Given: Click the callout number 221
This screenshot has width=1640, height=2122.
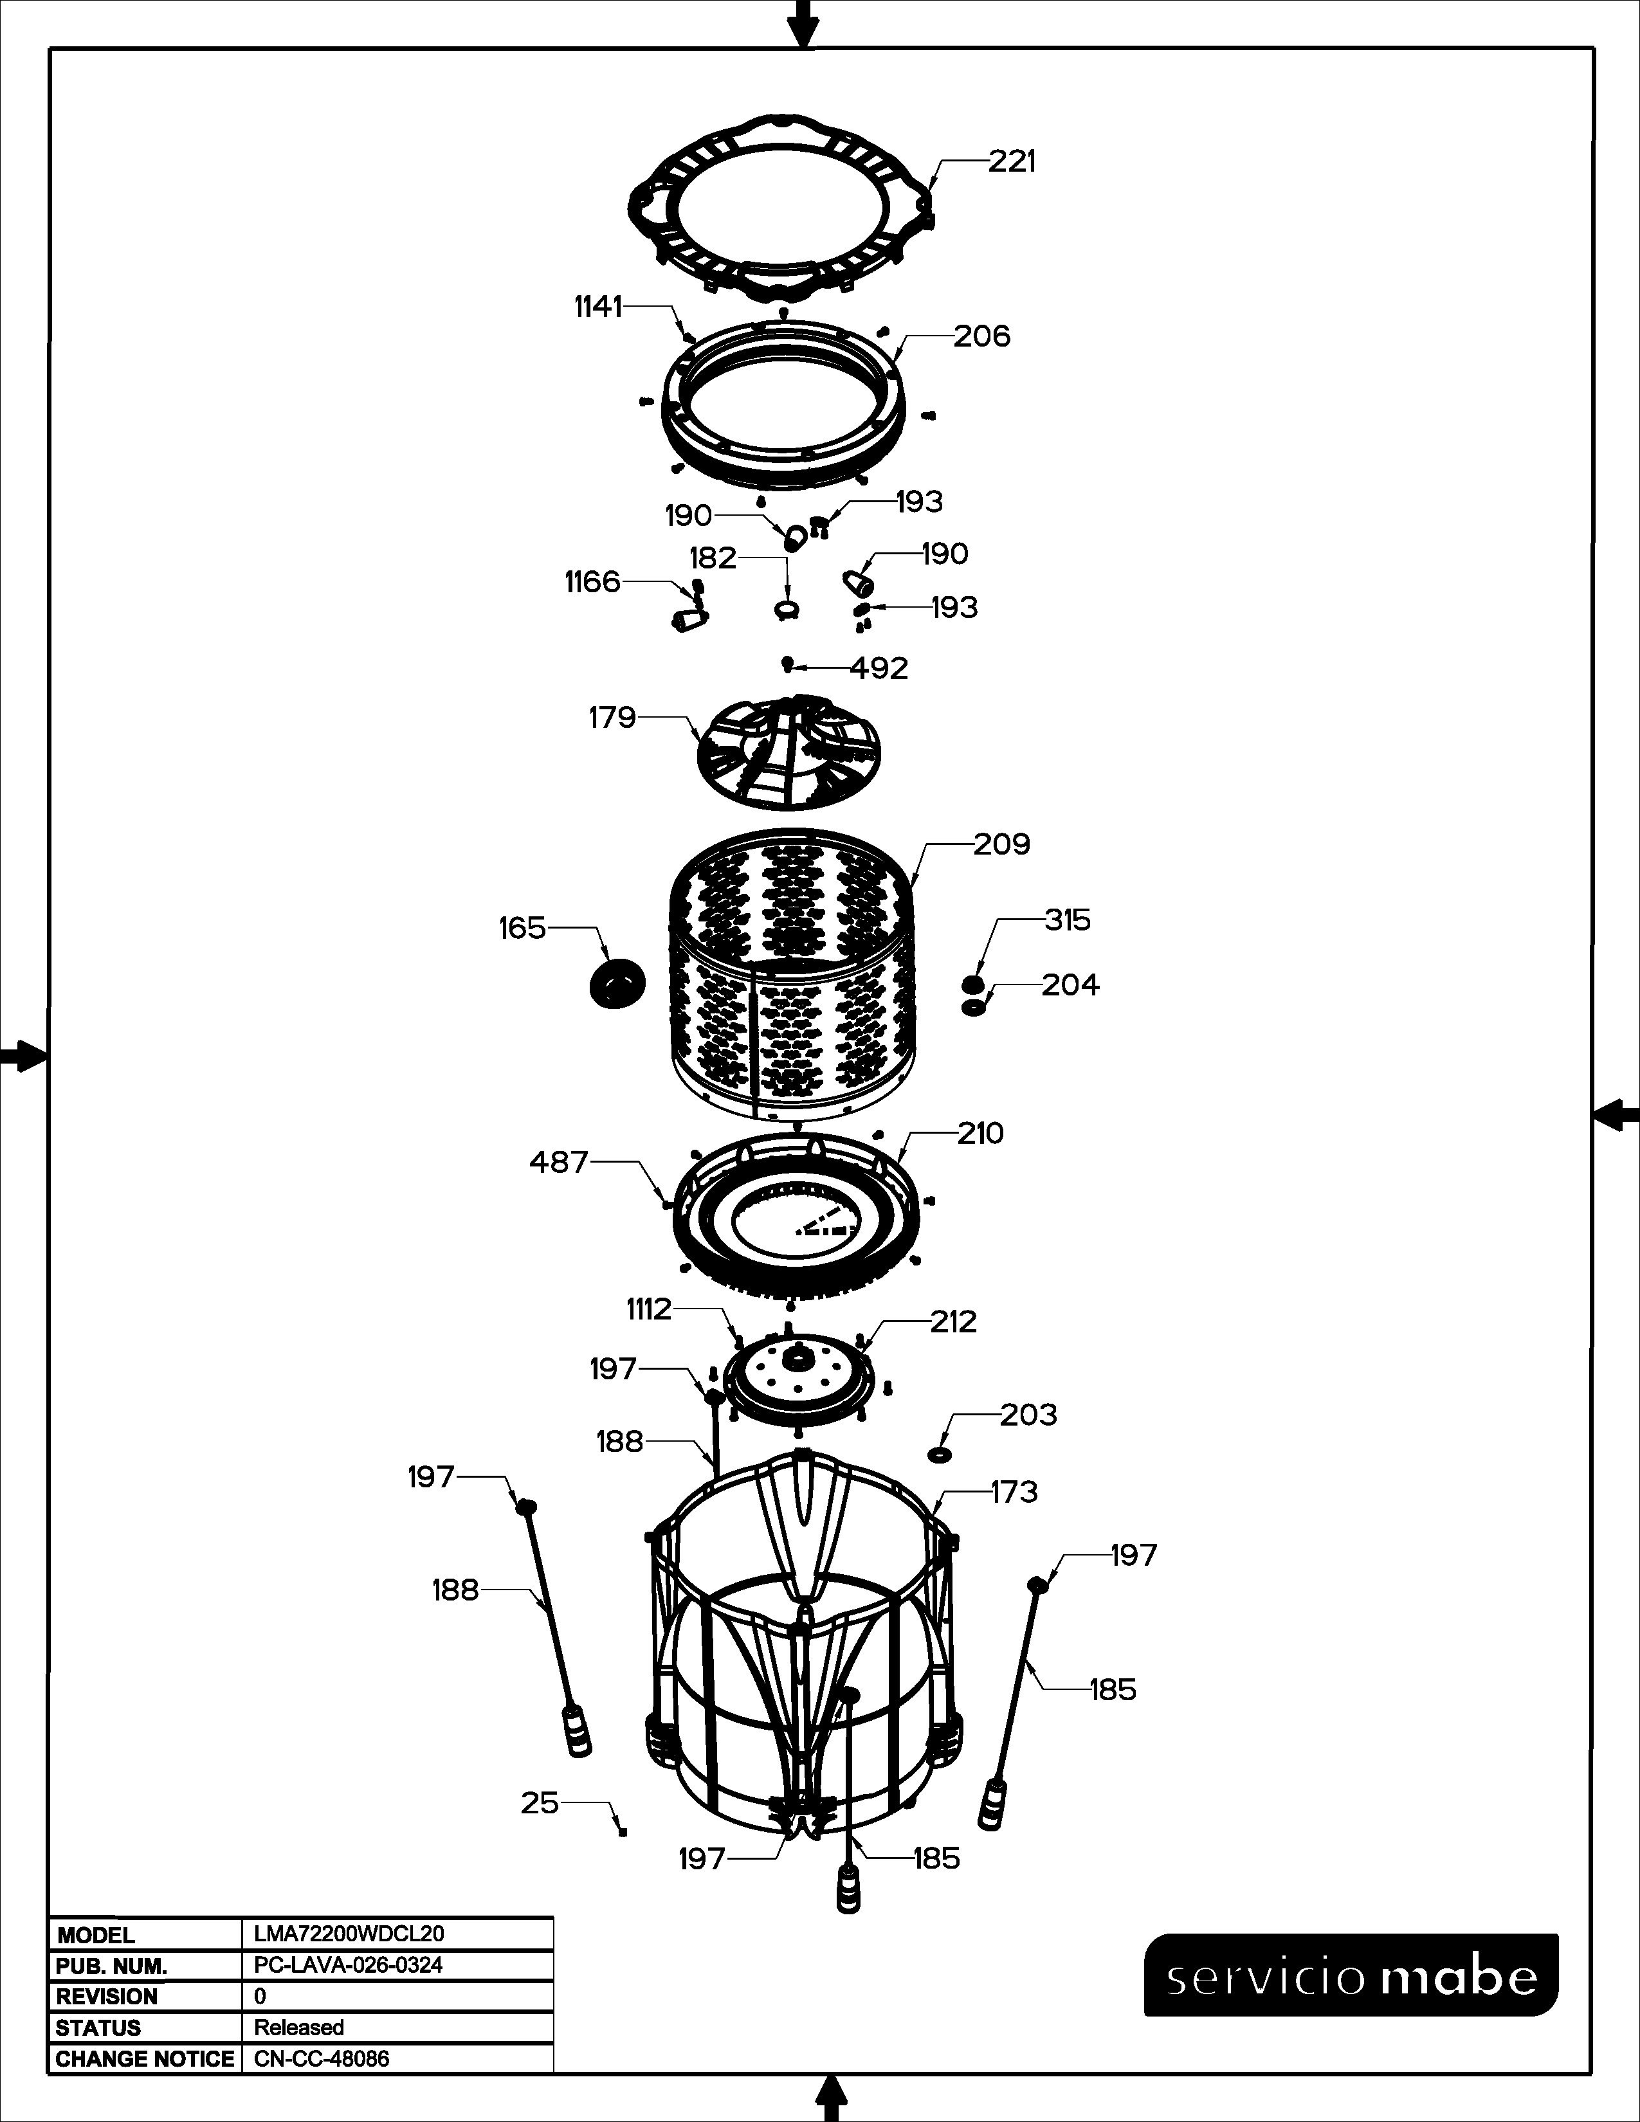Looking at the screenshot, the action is (1012, 161).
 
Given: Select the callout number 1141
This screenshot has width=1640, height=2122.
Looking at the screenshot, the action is (597, 307).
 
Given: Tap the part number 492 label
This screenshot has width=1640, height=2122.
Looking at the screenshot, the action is (879, 669).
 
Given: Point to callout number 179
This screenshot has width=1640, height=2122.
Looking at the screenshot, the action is (612, 718).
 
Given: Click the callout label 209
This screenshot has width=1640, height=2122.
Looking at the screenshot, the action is (1001, 844).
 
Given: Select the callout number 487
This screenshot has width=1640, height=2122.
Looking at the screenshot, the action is (559, 1162).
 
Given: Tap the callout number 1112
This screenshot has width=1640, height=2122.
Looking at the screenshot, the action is (649, 1310).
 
